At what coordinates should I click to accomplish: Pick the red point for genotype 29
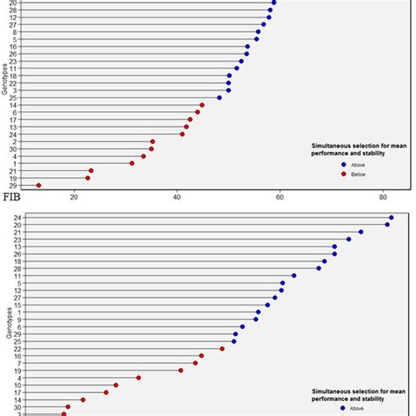38,185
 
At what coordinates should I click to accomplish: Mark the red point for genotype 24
183,133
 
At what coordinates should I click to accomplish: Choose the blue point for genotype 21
361,232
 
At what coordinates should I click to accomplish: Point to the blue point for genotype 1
258,312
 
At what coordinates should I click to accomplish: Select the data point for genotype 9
255,319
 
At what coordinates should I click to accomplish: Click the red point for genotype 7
196,362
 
